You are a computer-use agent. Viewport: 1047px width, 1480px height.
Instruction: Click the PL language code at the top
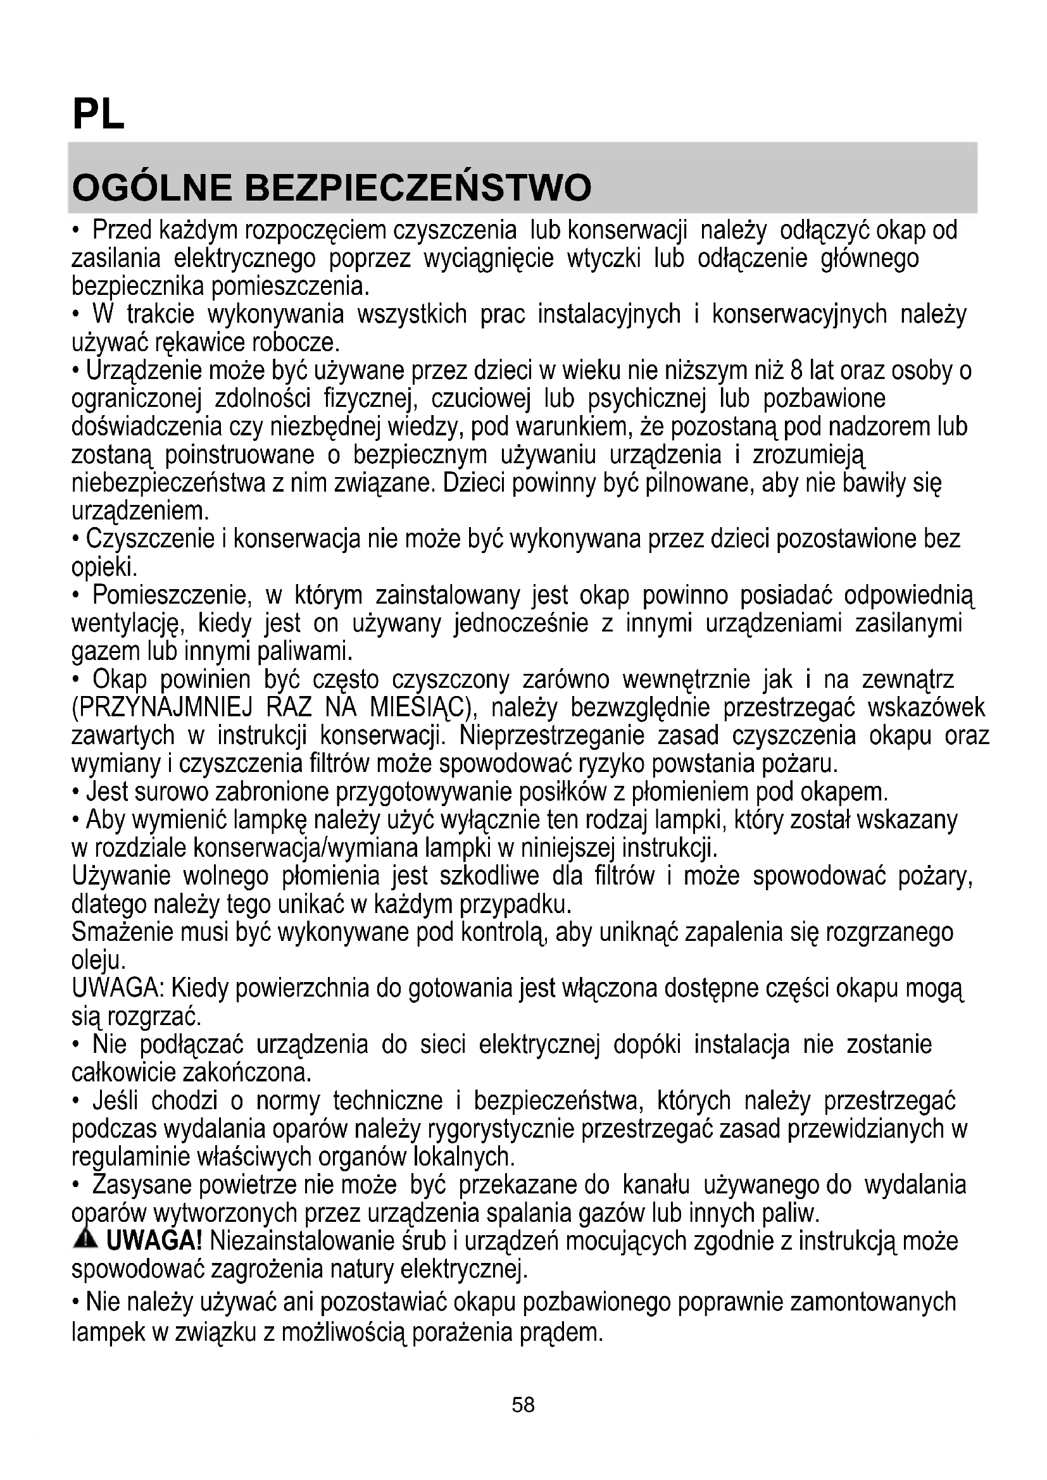point(99,115)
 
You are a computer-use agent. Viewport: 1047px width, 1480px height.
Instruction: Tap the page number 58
point(523,1405)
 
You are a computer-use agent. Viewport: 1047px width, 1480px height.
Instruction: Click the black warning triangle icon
point(85,1238)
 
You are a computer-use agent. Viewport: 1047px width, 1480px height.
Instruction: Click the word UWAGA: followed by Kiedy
point(118,988)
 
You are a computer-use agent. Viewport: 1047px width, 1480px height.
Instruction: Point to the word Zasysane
point(142,1184)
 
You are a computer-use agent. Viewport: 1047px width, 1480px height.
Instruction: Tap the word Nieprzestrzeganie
point(552,735)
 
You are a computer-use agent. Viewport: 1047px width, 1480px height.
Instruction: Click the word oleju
point(96,961)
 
